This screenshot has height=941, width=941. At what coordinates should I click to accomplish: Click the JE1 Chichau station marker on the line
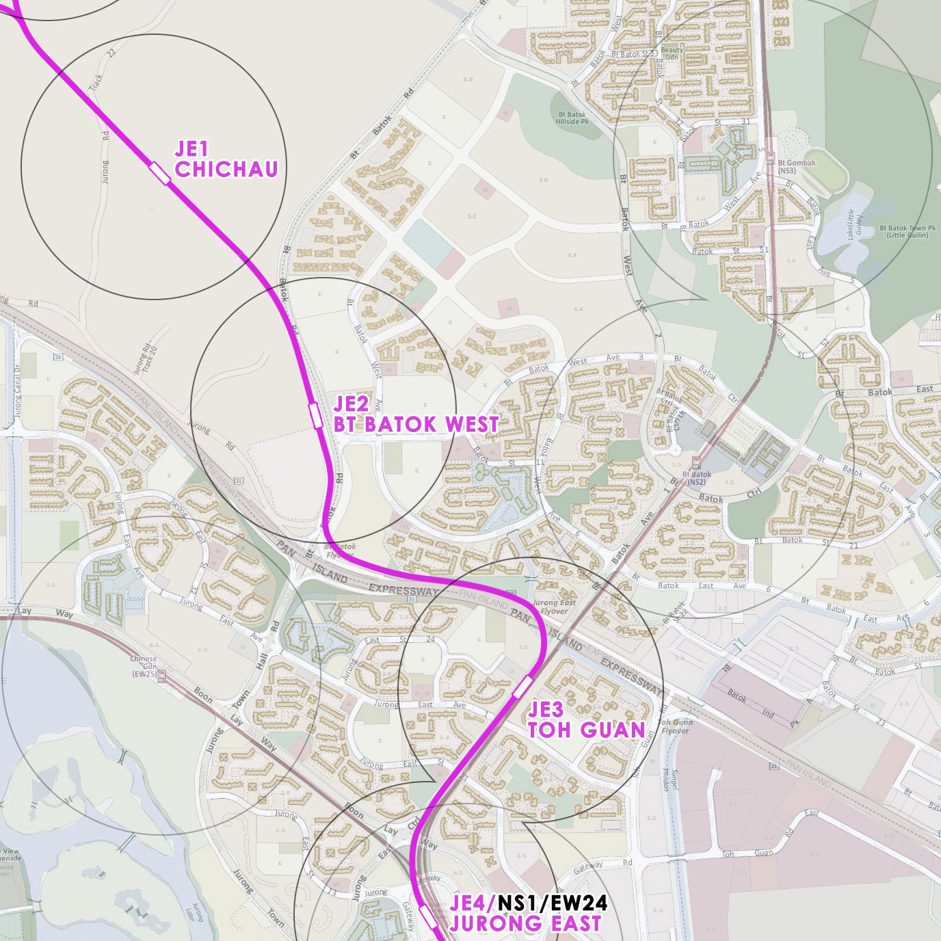159,173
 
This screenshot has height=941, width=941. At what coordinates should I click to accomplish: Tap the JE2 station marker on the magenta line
315,415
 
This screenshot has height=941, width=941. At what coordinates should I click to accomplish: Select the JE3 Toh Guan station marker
522,687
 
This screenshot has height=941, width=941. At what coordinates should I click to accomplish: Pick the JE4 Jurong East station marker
428,916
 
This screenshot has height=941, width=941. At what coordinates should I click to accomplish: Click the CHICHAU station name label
226,169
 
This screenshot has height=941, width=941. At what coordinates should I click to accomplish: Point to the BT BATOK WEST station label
416,424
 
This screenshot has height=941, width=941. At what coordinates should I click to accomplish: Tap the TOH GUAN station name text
586,730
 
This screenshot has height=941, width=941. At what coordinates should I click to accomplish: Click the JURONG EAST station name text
525,923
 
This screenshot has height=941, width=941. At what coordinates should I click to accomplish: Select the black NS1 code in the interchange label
521,903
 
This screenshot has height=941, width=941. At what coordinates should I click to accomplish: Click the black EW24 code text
579,903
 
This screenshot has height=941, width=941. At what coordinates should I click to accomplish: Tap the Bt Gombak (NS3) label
796,166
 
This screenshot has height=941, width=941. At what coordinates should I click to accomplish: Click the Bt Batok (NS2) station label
696,477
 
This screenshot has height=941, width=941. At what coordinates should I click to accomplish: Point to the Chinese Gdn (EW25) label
144,666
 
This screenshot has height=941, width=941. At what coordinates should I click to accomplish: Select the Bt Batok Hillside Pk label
572,118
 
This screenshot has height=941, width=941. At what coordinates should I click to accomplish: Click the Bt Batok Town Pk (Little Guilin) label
907,232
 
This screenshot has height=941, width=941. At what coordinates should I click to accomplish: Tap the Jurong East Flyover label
553,607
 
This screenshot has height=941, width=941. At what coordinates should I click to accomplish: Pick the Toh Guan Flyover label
675,726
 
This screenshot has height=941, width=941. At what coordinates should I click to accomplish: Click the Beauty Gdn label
672,53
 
